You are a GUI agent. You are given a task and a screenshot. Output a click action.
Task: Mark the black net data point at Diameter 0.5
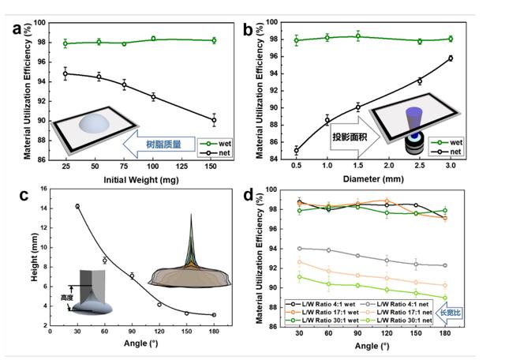point(296,150)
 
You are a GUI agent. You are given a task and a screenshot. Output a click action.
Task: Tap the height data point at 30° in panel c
point(77,206)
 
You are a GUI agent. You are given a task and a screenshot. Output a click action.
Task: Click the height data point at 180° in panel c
point(214,314)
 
